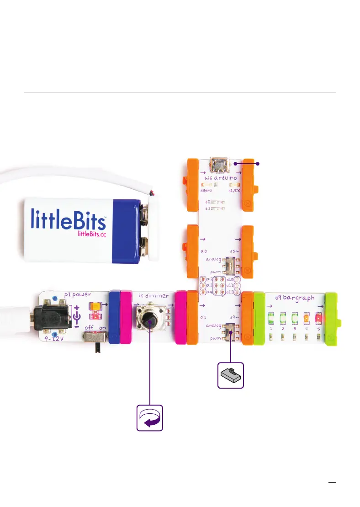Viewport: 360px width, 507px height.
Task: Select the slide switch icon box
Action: (x=231, y=375)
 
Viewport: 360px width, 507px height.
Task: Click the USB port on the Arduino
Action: (x=221, y=164)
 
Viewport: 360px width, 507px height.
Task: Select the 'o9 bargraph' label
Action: (x=295, y=298)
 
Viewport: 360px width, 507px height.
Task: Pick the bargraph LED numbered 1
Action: (x=271, y=318)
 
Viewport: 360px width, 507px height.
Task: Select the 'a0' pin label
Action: (x=205, y=251)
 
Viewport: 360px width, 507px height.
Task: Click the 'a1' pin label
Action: (x=204, y=316)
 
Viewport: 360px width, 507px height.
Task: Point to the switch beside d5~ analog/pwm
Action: (x=232, y=265)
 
